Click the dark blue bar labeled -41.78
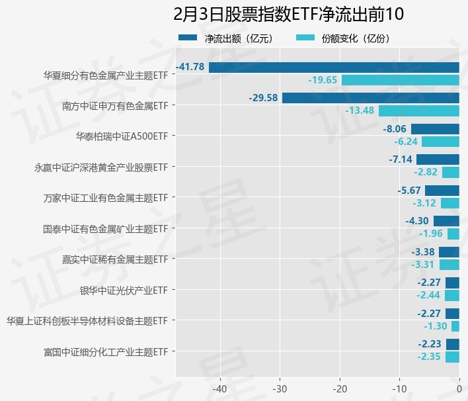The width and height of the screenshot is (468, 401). (334, 67)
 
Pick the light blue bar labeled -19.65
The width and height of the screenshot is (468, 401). (400, 80)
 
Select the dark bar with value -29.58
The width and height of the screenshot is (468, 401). (370, 98)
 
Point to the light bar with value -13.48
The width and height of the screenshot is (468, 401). (418, 111)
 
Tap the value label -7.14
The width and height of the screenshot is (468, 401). (401, 159)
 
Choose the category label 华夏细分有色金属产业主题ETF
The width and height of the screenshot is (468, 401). (105, 75)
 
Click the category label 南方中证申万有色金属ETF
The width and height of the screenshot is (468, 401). (115, 105)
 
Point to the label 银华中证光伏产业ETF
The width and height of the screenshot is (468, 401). (124, 290)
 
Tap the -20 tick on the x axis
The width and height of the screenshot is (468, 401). (340, 388)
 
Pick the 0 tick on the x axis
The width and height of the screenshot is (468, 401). (459, 388)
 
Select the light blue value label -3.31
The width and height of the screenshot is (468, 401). (422, 265)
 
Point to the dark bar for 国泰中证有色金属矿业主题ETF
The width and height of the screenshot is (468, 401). (446, 221)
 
